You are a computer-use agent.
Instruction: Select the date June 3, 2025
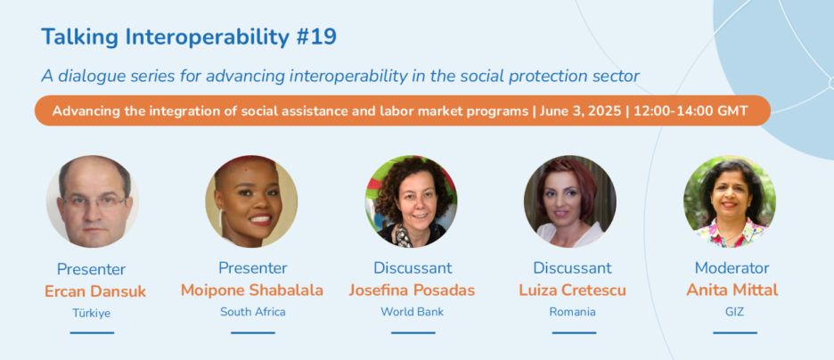coord(580,111)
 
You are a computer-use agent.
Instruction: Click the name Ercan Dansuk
coord(95,291)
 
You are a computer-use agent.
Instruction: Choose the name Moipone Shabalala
coord(252,290)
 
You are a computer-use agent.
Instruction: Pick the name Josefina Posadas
coord(412,290)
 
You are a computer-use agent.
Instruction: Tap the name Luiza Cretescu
coord(572,290)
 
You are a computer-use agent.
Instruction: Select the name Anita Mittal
coord(732,290)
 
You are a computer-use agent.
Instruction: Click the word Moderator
coord(732,267)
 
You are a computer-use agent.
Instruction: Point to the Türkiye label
coord(92,313)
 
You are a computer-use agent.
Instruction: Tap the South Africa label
coord(253,312)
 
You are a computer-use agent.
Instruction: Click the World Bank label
coord(413,312)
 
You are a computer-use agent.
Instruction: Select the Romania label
coord(572,312)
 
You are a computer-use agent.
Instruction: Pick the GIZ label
coord(734,312)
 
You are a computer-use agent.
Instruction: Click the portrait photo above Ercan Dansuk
coord(93,201)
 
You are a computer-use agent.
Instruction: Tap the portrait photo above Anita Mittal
coord(730,201)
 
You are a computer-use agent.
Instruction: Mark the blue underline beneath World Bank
coord(413,333)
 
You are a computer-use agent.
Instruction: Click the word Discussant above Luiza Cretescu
coord(572,267)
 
